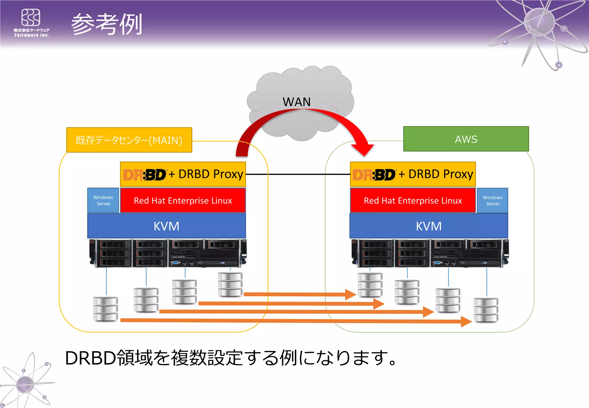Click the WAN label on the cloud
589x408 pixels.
[297, 102]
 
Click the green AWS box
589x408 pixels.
[466, 139]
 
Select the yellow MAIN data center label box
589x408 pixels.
[129, 140]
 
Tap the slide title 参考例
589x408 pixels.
[107, 24]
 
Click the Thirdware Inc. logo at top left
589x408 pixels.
[31, 23]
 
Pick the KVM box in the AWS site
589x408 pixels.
[429, 226]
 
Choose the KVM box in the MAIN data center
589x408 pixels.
[166, 226]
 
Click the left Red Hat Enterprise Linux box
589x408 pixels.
[183, 201]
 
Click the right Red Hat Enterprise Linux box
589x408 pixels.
[413, 201]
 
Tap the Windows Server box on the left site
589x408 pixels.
[103, 201]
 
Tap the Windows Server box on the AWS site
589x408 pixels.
[492, 201]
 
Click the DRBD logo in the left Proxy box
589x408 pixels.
[144, 175]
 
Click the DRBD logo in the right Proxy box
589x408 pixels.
[374, 175]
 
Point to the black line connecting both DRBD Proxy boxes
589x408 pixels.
[298, 174]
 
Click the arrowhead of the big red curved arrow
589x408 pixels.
[364, 149]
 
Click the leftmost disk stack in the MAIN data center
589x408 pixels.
[106, 309]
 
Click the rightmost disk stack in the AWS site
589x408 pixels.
[486, 310]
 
